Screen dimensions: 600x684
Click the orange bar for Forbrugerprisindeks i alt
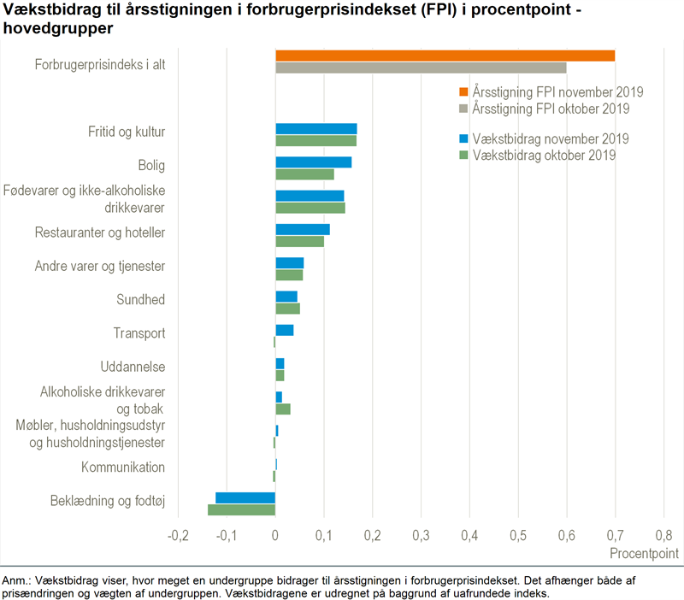click(x=445, y=56)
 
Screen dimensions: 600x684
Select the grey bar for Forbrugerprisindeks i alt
click(x=421, y=68)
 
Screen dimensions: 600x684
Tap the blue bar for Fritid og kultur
click(x=315, y=129)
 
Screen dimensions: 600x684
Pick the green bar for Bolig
click(x=304, y=174)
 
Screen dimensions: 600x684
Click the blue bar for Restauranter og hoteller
click(x=302, y=229)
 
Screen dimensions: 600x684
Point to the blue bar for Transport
click(x=284, y=330)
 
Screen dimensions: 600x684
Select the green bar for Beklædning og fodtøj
click(x=241, y=510)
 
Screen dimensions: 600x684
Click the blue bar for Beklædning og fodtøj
click(x=245, y=497)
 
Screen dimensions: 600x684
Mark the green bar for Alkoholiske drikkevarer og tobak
click(x=282, y=409)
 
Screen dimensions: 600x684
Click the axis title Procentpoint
click(x=644, y=554)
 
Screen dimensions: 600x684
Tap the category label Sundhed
click(x=140, y=300)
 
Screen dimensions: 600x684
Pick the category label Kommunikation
click(x=122, y=468)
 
